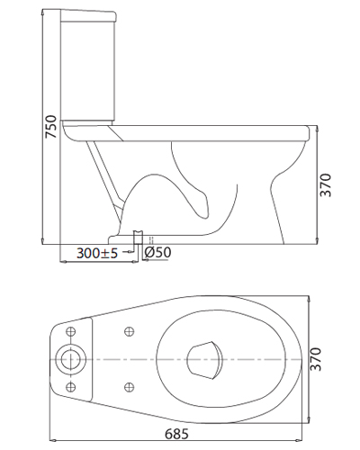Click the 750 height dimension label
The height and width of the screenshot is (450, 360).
[x=50, y=126]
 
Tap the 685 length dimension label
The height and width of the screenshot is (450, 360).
[x=176, y=434]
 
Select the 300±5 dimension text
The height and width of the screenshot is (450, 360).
[x=96, y=253]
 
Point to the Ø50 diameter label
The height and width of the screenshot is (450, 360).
[x=157, y=252]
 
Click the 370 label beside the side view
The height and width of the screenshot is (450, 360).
[x=325, y=184]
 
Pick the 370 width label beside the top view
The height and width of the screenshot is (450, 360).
[x=315, y=359]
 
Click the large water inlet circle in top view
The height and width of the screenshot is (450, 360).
[x=71, y=359]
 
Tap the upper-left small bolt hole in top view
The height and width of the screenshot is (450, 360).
[x=71, y=331]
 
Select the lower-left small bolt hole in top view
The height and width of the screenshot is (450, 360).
[x=71, y=387]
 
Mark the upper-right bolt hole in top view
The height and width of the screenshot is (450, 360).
[x=129, y=331]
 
